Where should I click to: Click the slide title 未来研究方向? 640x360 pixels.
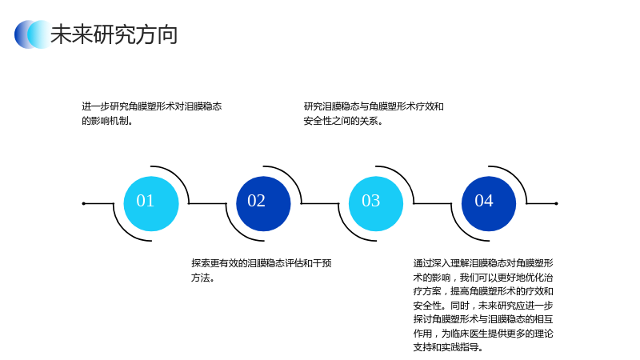coord(114,34)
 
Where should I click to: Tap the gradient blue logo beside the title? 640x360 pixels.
coord(33,34)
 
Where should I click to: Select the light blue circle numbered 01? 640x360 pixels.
coord(151,204)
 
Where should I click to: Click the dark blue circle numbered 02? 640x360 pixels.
coord(264,204)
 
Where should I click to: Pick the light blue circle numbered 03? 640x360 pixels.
coord(376,204)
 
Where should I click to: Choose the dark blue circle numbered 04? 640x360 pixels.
coord(489,204)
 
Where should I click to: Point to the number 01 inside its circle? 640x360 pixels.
coord(146,201)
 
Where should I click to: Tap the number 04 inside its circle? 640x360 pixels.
coord(484,201)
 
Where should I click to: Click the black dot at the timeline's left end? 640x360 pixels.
coord(84,203)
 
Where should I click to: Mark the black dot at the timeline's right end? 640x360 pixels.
coord(556,203)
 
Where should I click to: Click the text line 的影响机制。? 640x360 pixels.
coord(107,121)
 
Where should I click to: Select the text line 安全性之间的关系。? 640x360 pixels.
coord(343,121)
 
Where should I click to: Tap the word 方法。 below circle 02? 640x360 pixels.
coord(203,278)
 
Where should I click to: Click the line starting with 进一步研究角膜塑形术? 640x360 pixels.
coord(152,106)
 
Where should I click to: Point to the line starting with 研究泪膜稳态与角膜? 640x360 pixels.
coord(374,106)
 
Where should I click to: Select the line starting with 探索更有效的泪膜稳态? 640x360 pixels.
coord(262,263)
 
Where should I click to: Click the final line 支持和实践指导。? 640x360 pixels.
coord(448,347)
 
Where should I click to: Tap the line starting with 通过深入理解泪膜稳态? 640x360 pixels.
coord(483,263)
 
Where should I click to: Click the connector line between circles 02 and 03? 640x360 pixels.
coord(320,203)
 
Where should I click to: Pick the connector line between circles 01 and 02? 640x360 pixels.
coord(207,203)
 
